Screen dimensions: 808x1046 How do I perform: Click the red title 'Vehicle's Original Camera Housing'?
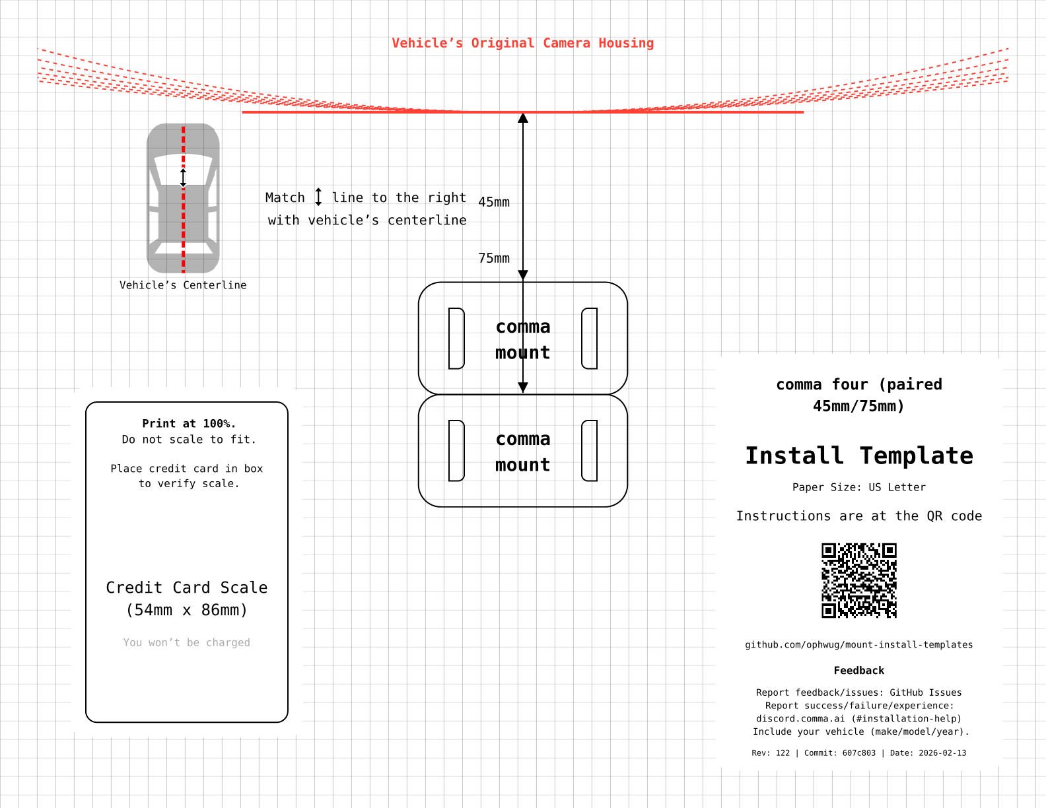pyautogui.click(x=522, y=44)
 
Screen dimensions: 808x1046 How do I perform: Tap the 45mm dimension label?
pyautogui.click(x=494, y=203)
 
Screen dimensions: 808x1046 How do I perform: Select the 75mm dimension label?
pyautogui.click(x=494, y=259)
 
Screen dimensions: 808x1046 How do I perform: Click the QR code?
pyautogui.click(x=858, y=580)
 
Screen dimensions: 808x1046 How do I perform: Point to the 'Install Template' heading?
pyautogui.click(x=858, y=456)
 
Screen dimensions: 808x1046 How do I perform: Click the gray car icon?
pyautogui.click(x=183, y=198)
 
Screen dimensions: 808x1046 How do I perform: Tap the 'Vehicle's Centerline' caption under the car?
pyautogui.click(x=183, y=285)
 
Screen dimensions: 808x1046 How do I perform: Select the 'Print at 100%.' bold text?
pyautogui.click(x=189, y=424)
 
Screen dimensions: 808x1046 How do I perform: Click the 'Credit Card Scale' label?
pyautogui.click(x=187, y=588)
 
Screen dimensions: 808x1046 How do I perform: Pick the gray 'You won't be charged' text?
pyautogui.click(x=187, y=643)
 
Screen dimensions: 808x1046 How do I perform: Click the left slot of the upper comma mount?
pyautogui.click(x=456, y=338)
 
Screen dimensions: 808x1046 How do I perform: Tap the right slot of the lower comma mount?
pyautogui.click(x=590, y=450)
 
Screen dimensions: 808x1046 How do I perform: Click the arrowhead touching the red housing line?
pyautogui.click(x=523, y=119)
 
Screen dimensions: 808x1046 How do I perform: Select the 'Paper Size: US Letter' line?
pyautogui.click(x=858, y=488)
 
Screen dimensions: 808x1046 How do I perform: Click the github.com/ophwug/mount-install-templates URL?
pyautogui.click(x=858, y=645)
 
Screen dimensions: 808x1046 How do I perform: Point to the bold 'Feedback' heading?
pyautogui.click(x=858, y=671)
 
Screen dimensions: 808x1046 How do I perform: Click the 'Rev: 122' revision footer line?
pyautogui.click(x=858, y=753)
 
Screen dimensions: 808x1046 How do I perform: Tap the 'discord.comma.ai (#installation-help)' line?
pyautogui.click(x=858, y=719)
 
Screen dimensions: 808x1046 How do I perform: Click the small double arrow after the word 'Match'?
pyautogui.click(x=318, y=197)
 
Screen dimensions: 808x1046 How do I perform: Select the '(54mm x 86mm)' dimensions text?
pyautogui.click(x=187, y=610)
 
